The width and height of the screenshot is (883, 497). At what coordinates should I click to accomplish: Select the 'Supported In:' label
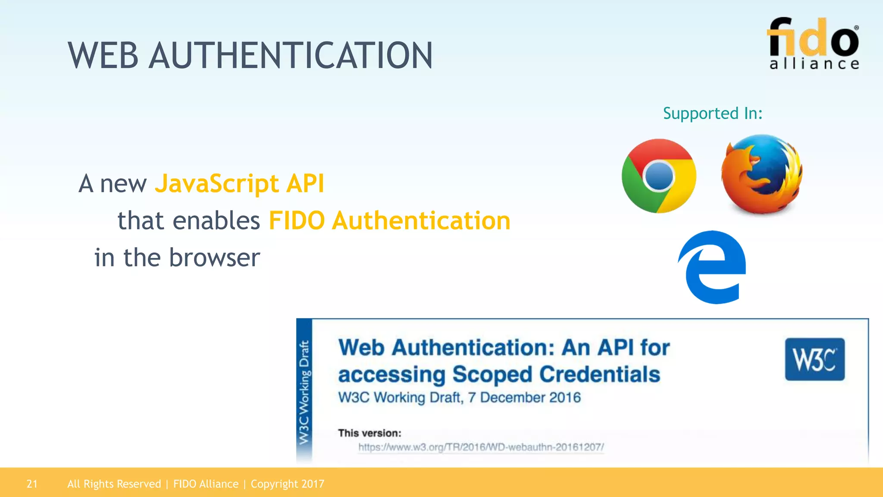coord(713,113)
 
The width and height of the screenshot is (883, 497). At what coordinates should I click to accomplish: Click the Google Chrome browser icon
coord(659,176)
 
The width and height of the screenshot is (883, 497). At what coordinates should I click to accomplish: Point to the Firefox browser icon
coord(761,174)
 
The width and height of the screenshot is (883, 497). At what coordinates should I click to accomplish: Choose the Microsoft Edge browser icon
coord(712,267)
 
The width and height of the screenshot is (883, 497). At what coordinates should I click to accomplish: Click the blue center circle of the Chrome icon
coord(658,176)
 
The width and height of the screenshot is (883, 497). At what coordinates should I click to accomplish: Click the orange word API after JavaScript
coord(305,184)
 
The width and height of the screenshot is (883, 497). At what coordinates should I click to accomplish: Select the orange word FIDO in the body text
coord(297,221)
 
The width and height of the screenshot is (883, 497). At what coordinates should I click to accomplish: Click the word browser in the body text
coord(214,258)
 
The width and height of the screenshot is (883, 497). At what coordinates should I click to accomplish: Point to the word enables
coord(216,221)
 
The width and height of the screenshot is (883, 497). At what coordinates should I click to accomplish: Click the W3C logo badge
coord(814,359)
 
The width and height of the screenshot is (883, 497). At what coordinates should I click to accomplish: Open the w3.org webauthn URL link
coord(481,447)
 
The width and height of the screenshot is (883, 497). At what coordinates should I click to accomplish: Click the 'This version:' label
coord(369,433)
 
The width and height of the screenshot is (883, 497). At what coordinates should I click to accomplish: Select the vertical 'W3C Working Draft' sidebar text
coord(304,392)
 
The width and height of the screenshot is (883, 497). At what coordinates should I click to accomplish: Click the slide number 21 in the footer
coord(32,484)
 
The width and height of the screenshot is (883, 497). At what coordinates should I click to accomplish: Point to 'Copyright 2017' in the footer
coord(287,484)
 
